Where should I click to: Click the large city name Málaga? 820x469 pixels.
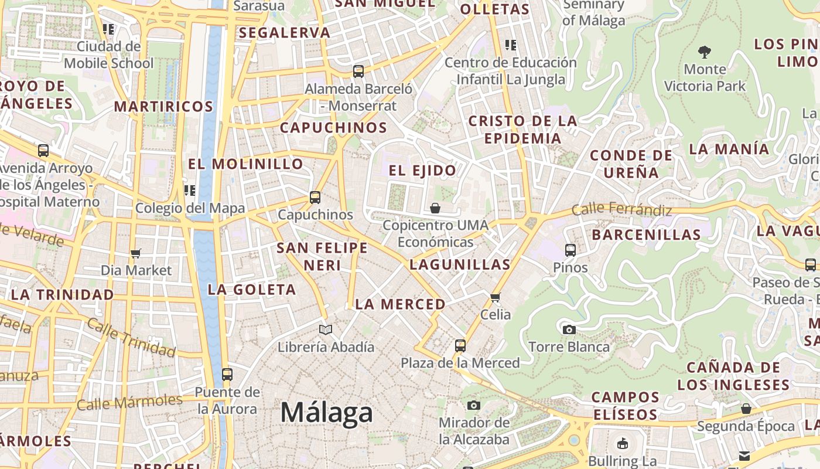click(326, 413)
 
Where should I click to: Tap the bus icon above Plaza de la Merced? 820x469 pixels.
click(460, 346)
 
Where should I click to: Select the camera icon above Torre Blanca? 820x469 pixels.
click(569, 329)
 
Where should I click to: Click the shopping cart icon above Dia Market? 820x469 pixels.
click(136, 254)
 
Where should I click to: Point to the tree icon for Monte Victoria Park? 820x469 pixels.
click(705, 52)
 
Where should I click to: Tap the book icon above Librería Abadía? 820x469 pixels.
click(326, 330)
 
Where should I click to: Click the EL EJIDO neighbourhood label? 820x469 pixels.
click(422, 171)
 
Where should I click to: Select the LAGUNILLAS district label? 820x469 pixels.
click(460, 264)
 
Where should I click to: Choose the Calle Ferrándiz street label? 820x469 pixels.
click(621, 209)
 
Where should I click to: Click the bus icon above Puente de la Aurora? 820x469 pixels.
click(227, 374)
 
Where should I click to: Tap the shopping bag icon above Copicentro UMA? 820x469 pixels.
click(435, 208)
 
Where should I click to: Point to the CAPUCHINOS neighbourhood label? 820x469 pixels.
click(333, 128)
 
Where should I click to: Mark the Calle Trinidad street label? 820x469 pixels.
click(131, 338)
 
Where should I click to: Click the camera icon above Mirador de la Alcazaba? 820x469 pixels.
click(474, 405)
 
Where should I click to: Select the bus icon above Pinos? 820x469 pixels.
click(570, 250)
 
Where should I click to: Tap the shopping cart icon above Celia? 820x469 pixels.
click(496, 297)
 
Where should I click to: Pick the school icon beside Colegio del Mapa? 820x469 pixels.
click(190, 191)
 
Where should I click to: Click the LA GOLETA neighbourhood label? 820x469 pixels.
click(252, 290)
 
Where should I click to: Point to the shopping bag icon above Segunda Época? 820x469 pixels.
click(746, 409)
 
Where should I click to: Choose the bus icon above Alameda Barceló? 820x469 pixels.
click(358, 72)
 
